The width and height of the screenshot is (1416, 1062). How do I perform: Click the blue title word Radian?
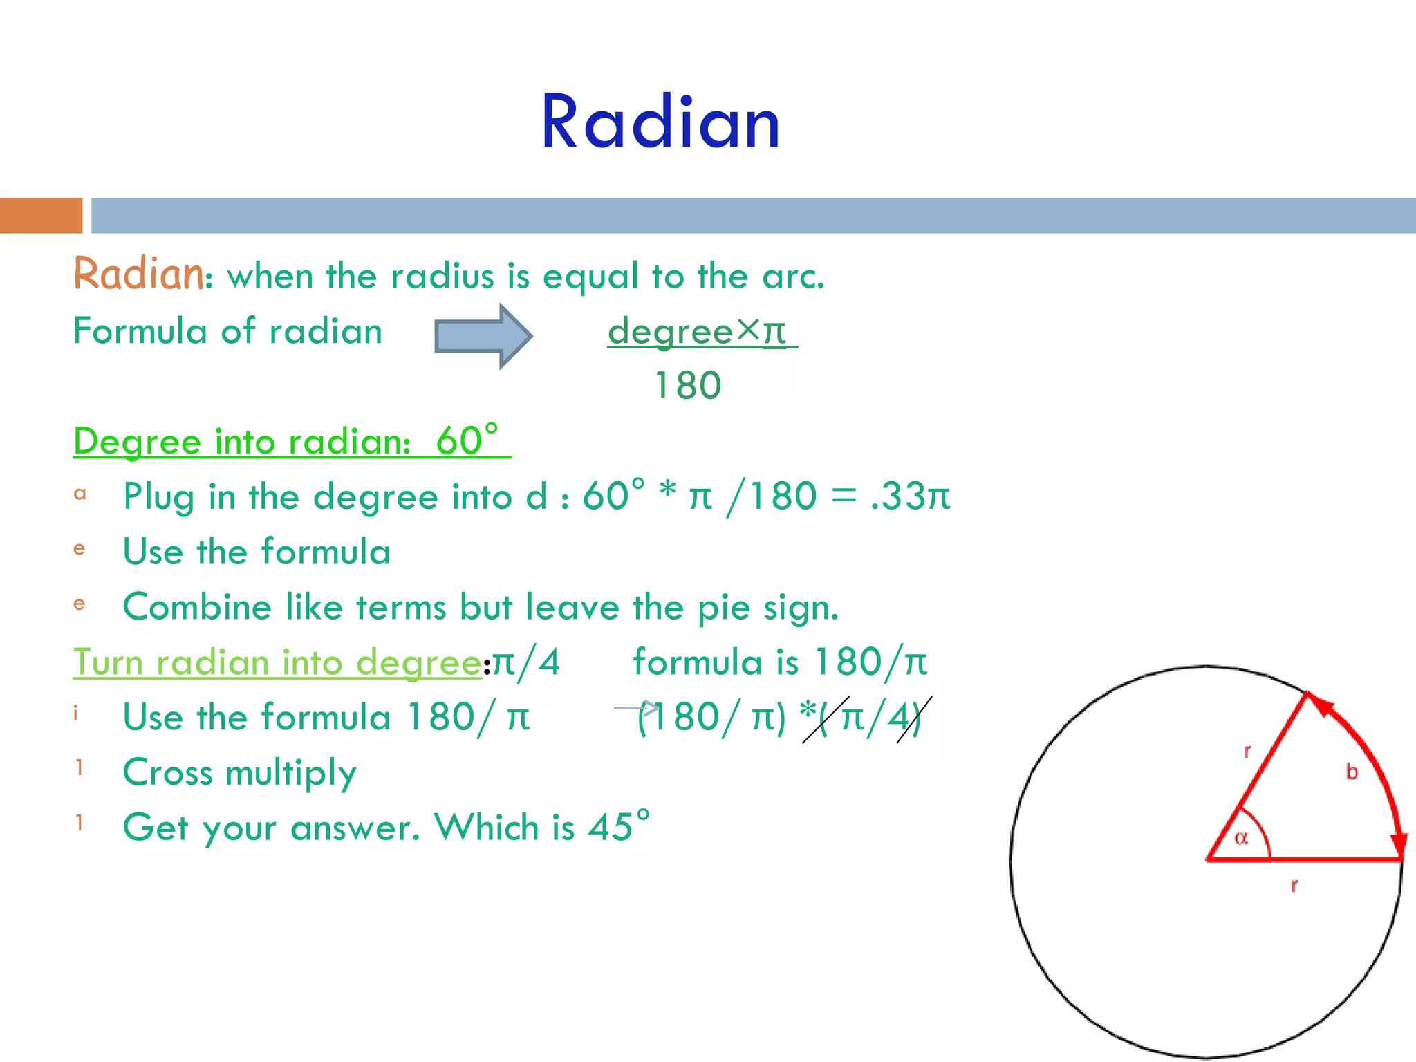[x=660, y=122]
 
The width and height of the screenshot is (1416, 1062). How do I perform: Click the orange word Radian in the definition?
[x=138, y=274]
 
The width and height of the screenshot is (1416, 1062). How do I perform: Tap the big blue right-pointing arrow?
[x=483, y=337]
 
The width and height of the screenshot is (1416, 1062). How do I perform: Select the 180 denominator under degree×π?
[x=687, y=385]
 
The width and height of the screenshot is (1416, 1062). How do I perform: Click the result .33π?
[x=911, y=496]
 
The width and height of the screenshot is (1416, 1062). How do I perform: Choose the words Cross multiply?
[x=239, y=772]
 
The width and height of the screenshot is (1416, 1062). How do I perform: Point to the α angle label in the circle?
[x=1241, y=839]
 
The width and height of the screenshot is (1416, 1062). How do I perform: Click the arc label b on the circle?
[x=1352, y=772]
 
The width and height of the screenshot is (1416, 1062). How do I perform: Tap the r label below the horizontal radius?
[x=1294, y=886]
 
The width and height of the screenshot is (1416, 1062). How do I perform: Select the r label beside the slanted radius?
[x=1247, y=752]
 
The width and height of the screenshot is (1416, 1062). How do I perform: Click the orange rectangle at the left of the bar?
[x=41, y=216]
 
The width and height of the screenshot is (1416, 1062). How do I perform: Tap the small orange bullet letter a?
[x=80, y=494]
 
